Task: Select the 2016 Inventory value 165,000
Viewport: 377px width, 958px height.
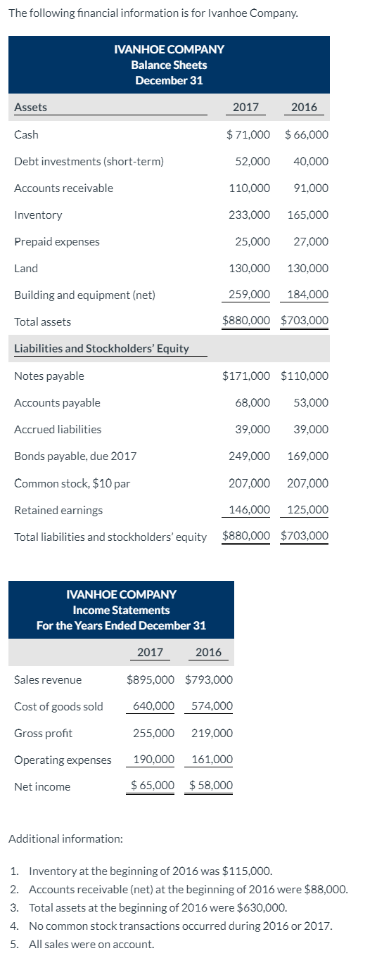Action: pos(307,215)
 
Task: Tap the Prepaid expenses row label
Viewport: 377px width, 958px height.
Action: pos(57,241)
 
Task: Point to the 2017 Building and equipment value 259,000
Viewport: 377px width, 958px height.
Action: pos(249,295)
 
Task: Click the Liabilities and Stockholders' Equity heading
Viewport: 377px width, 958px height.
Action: pos(101,348)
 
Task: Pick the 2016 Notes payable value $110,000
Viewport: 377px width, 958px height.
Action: pos(304,376)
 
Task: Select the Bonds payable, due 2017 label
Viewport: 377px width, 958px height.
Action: pos(75,456)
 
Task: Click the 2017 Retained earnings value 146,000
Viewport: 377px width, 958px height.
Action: pos(249,509)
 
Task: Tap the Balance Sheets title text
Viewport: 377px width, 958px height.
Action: pos(169,65)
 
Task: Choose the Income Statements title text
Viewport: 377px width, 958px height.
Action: pos(121,610)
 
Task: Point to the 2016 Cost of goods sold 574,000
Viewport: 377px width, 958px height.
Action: pos(212,706)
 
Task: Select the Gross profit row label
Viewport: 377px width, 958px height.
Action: pos(43,733)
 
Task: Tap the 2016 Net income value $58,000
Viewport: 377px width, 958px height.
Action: pos(211,786)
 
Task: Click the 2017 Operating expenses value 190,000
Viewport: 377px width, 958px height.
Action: pos(153,760)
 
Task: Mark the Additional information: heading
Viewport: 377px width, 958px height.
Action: pos(65,838)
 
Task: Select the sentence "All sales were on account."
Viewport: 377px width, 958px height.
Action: pos(92,944)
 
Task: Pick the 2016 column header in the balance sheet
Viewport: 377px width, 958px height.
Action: pos(304,107)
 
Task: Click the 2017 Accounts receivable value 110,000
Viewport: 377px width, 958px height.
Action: pos(249,188)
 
